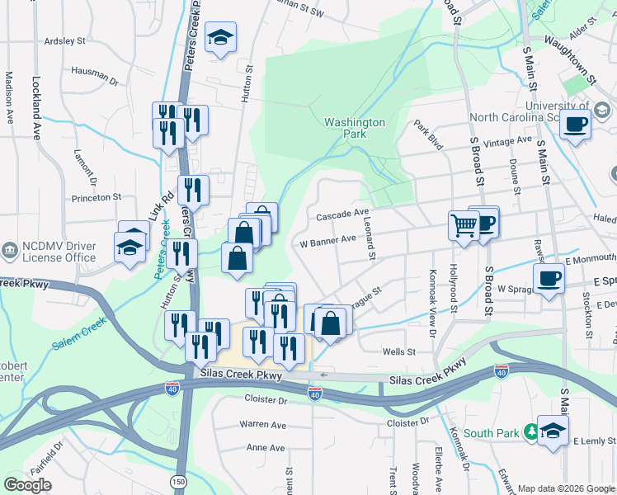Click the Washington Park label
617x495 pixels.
(355, 127)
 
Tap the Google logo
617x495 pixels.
(27, 484)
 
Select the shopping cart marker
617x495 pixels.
(464, 224)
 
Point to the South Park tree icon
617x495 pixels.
(532, 431)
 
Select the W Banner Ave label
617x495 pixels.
(327, 242)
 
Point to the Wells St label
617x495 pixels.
(399, 351)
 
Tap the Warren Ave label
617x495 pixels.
(262, 424)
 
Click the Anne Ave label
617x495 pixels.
(265, 448)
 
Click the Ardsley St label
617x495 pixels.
(64, 40)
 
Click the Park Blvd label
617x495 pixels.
(429, 135)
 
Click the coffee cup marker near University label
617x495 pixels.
(576, 125)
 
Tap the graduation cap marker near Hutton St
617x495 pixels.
(220, 38)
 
